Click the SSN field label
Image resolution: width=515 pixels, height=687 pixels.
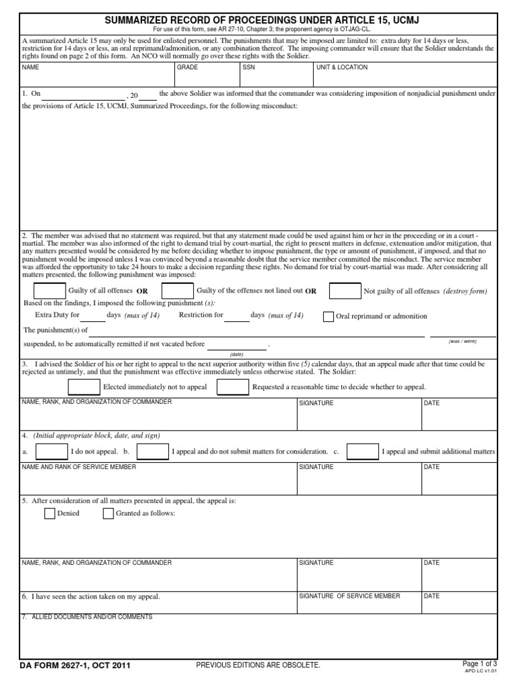point(248,68)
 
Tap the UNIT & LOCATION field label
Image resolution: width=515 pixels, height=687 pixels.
point(341,68)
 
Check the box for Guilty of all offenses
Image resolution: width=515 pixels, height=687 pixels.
point(49,290)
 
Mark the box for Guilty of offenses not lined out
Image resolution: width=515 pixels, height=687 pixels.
point(178,290)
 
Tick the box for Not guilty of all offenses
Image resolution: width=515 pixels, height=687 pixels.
point(345,290)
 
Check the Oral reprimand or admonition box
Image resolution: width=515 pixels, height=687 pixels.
point(328,317)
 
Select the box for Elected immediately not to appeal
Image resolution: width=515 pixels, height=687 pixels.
point(84,387)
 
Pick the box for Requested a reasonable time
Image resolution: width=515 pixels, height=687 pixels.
point(233,387)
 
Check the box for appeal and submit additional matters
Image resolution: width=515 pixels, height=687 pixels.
point(362,452)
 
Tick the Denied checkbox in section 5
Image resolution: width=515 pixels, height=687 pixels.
point(50,514)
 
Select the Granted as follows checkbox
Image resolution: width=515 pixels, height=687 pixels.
point(108,514)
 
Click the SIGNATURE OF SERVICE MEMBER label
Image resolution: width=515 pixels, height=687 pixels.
point(349,596)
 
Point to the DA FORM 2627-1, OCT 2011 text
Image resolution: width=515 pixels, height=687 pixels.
point(75,666)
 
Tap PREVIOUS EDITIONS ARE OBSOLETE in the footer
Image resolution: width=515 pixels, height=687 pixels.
point(258,665)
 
